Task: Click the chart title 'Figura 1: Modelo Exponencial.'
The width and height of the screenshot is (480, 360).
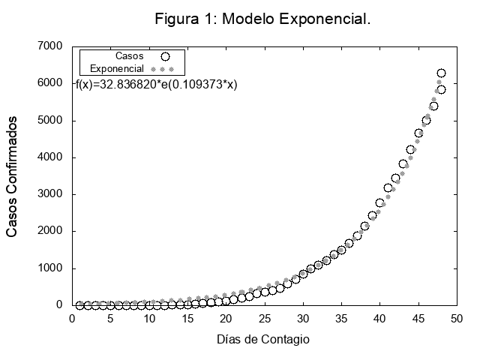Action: pyautogui.click(x=262, y=18)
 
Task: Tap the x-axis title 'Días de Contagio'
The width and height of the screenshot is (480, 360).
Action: pyautogui.click(x=262, y=339)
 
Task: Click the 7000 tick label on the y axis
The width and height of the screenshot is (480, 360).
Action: pyautogui.click(x=49, y=46)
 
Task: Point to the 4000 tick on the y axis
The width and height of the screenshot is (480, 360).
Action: pyautogui.click(x=49, y=157)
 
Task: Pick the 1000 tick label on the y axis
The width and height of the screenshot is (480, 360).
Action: pyautogui.click(x=49, y=268)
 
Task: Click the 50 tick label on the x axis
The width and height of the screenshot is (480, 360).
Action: pyautogui.click(x=457, y=318)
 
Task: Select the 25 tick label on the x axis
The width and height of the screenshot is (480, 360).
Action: pyautogui.click(x=264, y=318)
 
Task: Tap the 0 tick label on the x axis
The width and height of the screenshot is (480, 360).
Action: pyautogui.click(x=72, y=318)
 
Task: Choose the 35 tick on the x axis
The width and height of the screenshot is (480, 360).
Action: pyautogui.click(x=341, y=318)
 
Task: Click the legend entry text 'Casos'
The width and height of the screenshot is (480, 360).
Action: pyautogui.click(x=130, y=56)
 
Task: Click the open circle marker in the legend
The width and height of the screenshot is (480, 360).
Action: pyautogui.click(x=166, y=56)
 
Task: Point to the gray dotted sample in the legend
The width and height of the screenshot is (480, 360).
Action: pyautogui.click(x=162, y=68)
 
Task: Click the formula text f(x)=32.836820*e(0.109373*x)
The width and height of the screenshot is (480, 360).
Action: pyautogui.click(x=156, y=84)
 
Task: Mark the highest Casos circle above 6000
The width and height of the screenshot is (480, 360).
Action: pyautogui.click(x=441, y=73)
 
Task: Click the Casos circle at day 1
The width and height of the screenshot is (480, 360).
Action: pyautogui.click(x=79, y=305)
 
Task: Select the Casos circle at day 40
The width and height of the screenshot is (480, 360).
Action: pyautogui.click(x=380, y=202)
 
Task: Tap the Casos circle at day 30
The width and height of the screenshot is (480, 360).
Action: pyautogui.click(x=303, y=274)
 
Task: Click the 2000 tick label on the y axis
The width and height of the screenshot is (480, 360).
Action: pyautogui.click(x=49, y=232)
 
